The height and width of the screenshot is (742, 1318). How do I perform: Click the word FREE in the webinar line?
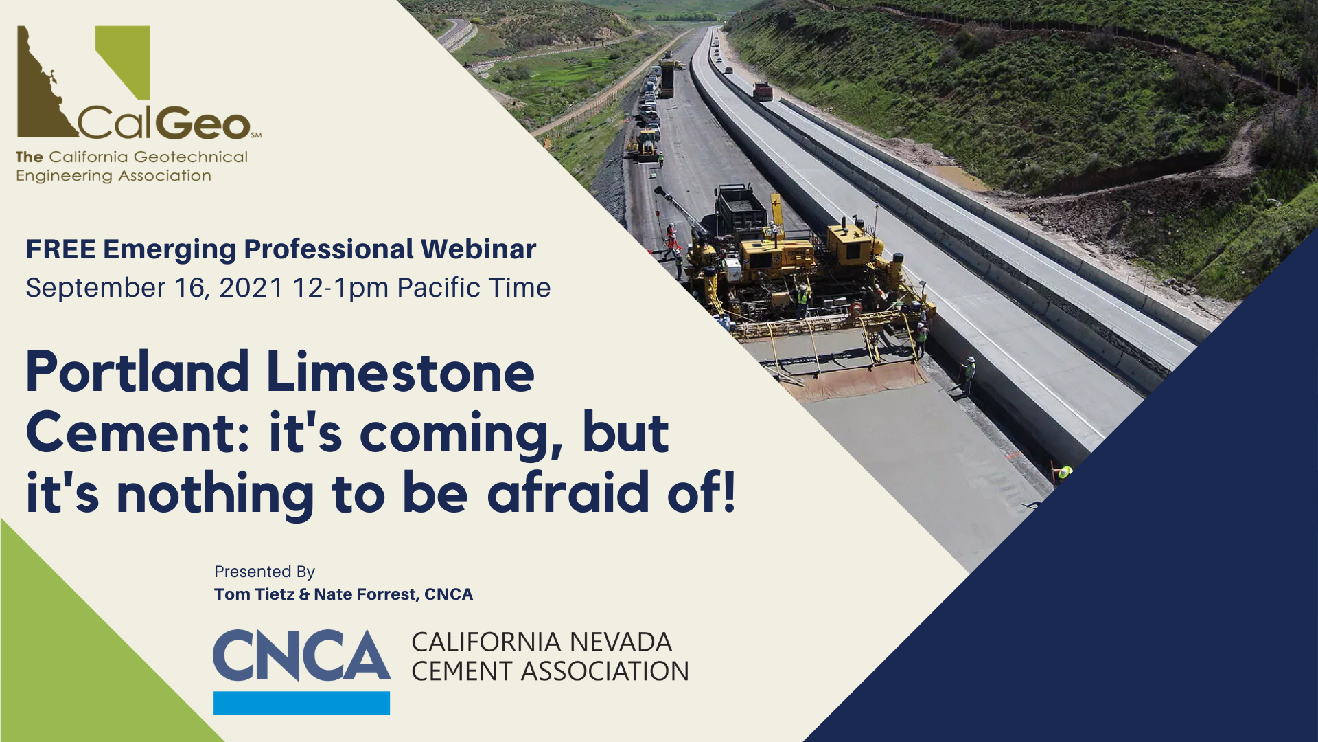click(x=61, y=249)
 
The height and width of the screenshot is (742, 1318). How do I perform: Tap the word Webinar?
click(x=478, y=249)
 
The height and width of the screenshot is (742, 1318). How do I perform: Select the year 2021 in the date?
click(x=251, y=288)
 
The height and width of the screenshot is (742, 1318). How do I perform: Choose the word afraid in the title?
click(x=568, y=493)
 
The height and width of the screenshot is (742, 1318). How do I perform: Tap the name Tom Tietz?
click(x=254, y=594)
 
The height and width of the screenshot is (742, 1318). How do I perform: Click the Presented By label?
click(x=264, y=572)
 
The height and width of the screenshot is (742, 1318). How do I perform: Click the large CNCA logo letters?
click(x=301, y=655)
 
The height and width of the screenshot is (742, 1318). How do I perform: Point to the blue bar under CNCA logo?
click(x=301, y=703)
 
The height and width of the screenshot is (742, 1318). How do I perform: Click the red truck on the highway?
click(x=763, y=91)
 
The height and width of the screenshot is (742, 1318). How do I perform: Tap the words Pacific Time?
click(x=474, y=288)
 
